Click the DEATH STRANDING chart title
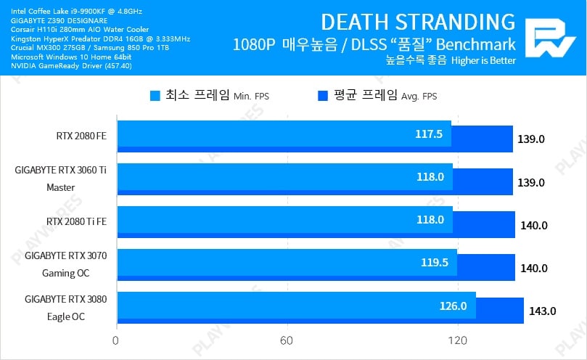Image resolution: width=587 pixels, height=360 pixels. pyautogui.click(x=418, y=21)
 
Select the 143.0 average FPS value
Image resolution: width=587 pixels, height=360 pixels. pyautogui.click(x=542, y=311)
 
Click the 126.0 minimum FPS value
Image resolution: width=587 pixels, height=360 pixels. pyautogui.click(x=453, y=306)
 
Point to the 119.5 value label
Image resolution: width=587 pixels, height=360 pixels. pyautogui.click(x=435, y=263)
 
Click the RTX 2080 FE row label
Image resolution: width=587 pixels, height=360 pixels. pyautogui.click(x=81, y=135)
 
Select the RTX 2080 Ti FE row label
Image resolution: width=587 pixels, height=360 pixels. pyautogui.click(x=75, y=221)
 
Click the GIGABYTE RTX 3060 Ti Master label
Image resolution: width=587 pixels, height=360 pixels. pyautogui.click(x=60, y=179)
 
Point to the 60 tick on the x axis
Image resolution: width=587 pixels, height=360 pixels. pyautogui.click(x=287, y=340)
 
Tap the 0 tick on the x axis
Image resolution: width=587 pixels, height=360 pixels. pyautogui.click(x=116, y=340)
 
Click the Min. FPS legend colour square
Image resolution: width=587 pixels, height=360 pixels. pyautogui.click(x=155, y=95)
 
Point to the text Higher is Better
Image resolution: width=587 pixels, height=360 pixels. pyautogui.click(x=483, y=60)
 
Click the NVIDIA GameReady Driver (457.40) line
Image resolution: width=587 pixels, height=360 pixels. pyautogui.click(x=71, y=65)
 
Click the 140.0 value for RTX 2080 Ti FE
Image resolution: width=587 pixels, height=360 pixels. pyautogui.click(x=534, y=226)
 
